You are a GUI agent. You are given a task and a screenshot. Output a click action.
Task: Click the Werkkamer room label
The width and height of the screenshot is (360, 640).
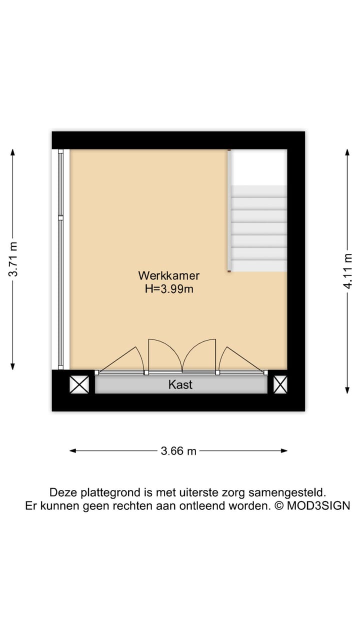click(x=168, y=275)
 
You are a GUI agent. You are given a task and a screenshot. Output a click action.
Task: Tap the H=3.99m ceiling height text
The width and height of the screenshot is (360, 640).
click(x=168, y=288)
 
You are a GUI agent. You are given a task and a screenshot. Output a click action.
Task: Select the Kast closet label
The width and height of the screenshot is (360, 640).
click(x=180, y=385)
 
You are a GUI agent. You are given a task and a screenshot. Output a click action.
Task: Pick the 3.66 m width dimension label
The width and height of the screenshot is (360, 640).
click(x=178, y=451)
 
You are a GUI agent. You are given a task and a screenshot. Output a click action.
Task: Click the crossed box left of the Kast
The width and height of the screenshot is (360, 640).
click(x=79, y=384)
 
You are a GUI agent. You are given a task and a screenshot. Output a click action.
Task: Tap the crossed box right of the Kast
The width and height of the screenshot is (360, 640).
click(x=280, y=384)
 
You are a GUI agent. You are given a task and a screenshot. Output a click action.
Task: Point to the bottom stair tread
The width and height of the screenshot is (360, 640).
click(x=258, y=265)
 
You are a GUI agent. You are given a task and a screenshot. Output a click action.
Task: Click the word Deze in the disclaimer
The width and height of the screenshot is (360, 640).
click(x=60, y=492)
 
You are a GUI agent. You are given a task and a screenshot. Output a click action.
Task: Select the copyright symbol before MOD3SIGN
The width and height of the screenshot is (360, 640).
click(x=279, y=505)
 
